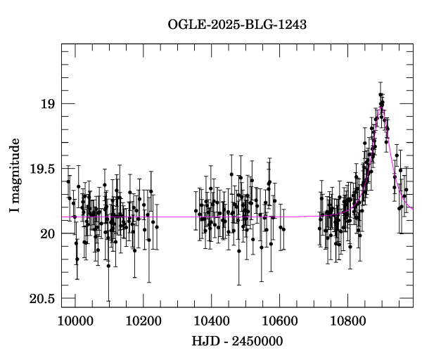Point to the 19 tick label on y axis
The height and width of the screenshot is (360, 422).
46,104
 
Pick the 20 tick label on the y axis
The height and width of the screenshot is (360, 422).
46,233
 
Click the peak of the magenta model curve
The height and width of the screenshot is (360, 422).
381,108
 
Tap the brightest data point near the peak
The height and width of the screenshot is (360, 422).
381,94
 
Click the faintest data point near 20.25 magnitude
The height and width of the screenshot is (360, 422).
108,266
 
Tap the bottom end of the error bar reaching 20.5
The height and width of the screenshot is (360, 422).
108,301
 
